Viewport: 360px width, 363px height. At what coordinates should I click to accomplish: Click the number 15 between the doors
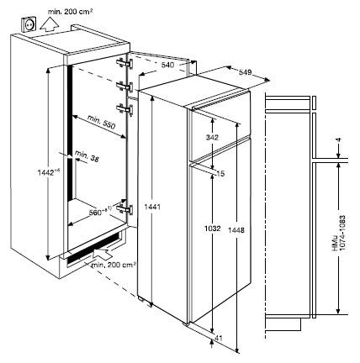click(x=220, y=173)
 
